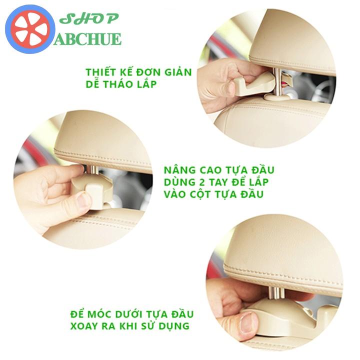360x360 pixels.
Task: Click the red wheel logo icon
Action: (x=30, y=29)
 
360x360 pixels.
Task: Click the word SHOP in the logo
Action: (x=89, y=18)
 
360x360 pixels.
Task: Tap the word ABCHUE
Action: (x=87, y=39)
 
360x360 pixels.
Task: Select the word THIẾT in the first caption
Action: (x=101, y=72)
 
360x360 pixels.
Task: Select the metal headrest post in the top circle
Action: (x=278, y=81)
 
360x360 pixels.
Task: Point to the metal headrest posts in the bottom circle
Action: (x=275, y=293)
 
